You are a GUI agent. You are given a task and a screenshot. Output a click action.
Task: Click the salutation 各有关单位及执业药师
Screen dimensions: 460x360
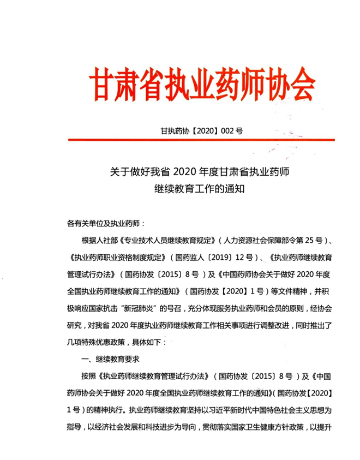103,224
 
